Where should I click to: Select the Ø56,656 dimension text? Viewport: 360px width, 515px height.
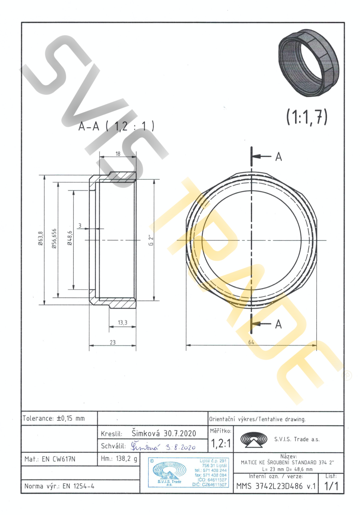pyautogui.click(x=54, y=238)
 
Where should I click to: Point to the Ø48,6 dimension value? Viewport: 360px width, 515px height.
pyautogui.click(x=70, y=238)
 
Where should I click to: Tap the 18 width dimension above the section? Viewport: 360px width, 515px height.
pyautogui.click(x=118, y=154)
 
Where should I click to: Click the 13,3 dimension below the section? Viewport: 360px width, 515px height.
pyautogui.click(x=123, y=323)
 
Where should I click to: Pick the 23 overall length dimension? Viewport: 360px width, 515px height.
pyautogui.click(x=112, y=342)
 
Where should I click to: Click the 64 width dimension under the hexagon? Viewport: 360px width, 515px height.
pyautogui.click(x=251, y=342)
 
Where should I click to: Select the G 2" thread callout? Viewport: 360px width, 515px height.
pyautogui.click(x=151, y=240)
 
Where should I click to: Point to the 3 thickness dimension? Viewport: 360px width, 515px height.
pyautogui.click(x=80, y=226)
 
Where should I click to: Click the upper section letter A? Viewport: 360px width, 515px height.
pyautogui.click(x=278, y=157)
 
